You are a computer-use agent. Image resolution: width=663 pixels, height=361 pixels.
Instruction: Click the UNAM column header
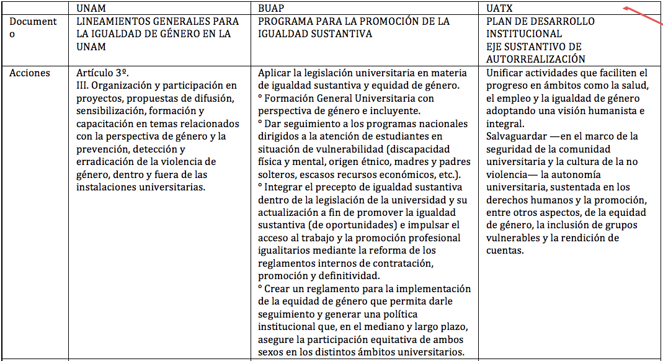(91, 8)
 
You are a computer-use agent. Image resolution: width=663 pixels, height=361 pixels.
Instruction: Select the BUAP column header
(272, 8)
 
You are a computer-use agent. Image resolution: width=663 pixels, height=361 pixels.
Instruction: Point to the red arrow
(641, 16)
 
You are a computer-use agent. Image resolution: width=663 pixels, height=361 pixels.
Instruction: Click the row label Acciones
(29, 73)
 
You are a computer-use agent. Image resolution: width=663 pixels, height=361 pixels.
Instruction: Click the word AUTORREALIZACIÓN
(535, 59)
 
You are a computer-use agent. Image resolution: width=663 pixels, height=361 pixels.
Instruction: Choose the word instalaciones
(107, 187)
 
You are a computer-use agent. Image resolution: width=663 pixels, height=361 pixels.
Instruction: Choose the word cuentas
(505, 251)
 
